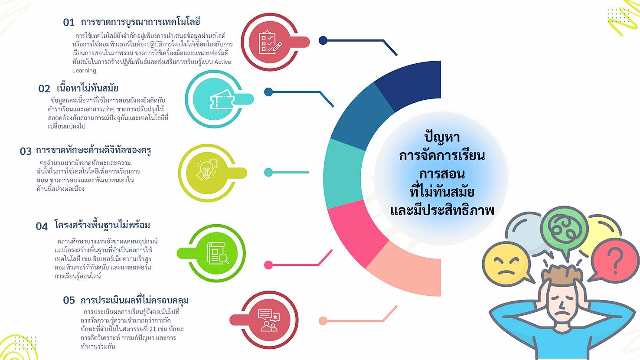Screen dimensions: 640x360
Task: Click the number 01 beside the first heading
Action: click(x=69, y=22)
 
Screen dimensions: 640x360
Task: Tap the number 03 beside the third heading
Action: click(x=26, y=151)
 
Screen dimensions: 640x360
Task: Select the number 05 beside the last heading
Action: click(x=69, y=300)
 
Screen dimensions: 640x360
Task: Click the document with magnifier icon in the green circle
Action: click(x=218, y=253)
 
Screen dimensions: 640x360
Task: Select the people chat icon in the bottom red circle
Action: click(x=269, y=320)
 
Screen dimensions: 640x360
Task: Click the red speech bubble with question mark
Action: click(x=614, y=262)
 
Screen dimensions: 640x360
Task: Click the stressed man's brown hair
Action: click(x=561, y=274)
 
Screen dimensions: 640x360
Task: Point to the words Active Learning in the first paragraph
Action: click(x=152, y=66)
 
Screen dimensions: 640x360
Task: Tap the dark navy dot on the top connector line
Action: click(x=323, y=40)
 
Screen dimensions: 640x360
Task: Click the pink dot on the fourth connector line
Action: click(x=268, y=265)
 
